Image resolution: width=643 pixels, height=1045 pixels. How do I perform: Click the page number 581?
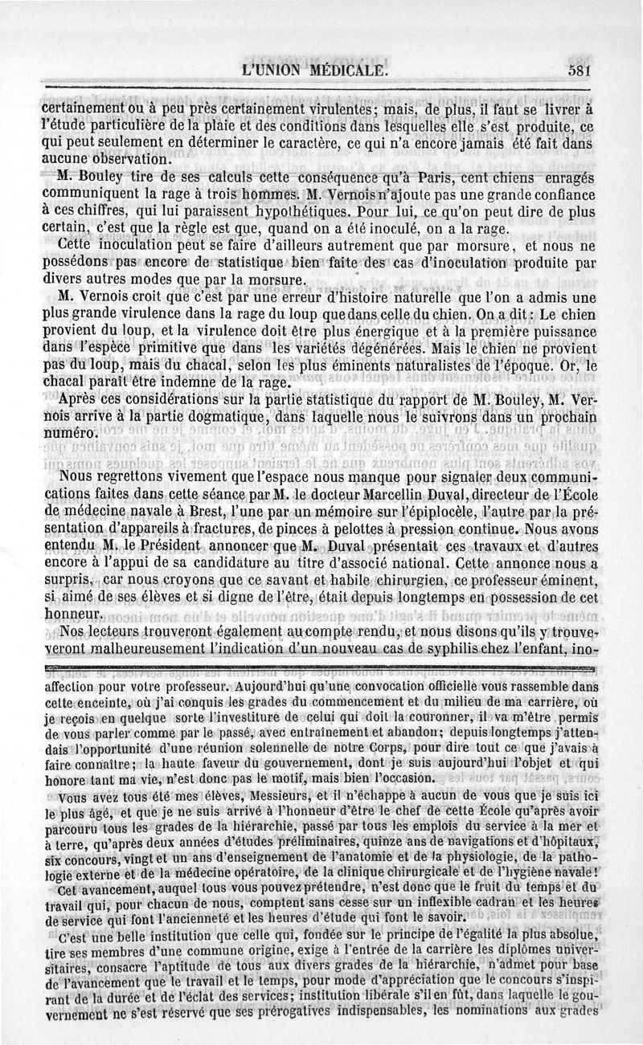[579, 71]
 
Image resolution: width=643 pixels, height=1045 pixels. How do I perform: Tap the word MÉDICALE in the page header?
[342, 71]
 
